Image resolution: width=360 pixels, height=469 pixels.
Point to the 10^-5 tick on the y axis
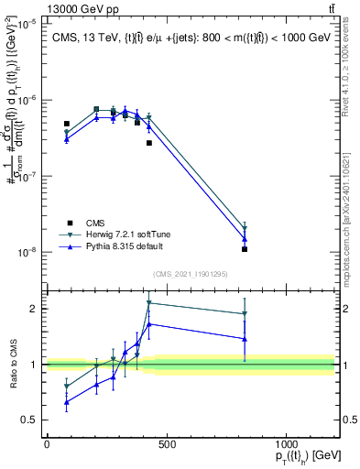[x=27, y=24]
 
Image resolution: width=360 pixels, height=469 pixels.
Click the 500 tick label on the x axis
[x=166, y=444]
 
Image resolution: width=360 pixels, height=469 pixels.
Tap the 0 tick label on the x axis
[x=47, y=444]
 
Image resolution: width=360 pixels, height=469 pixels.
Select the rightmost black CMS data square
[x=245, y=249]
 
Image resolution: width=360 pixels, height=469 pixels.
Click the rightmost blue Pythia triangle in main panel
[x=245, y=239]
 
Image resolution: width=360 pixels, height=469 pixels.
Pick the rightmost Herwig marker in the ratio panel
[x=245, y=314]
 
